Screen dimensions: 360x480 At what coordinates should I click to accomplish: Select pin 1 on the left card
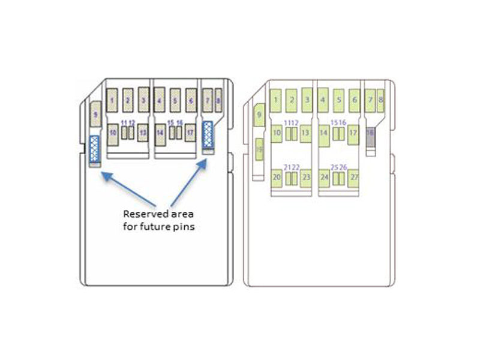coord(112,100)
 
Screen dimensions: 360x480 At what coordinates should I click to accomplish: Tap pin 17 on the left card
coord(190,133)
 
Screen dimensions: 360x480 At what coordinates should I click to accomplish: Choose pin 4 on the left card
coord(160,100)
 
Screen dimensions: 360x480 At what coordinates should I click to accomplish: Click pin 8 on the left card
coord(218,98)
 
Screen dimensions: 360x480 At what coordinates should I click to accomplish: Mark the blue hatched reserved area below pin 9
coord(95,149)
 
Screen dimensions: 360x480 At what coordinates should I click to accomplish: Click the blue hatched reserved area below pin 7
coord(208,134)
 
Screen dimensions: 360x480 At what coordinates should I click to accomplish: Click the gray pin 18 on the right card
coord(370,139)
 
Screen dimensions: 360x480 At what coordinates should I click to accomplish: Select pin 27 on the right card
coord(353,178)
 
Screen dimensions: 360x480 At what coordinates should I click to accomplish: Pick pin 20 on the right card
coord(277,178)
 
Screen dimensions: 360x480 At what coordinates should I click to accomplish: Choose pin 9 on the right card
coord(259,114)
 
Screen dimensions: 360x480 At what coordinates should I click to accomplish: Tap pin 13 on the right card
coord(305,133)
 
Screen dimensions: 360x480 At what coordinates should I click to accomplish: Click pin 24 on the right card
coord(324,178)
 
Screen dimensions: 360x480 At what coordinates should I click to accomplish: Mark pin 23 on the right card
coord(305,178)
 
